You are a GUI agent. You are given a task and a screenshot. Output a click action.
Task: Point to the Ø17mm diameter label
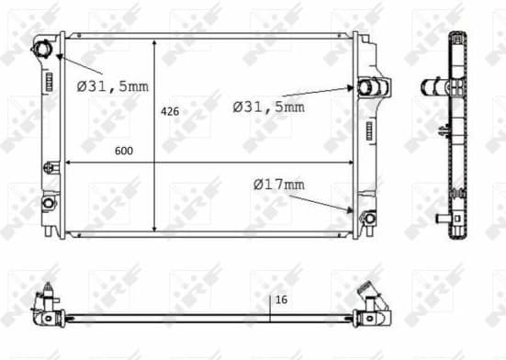coord(278,185)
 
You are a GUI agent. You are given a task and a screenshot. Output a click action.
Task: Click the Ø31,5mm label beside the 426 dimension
coord(268,107)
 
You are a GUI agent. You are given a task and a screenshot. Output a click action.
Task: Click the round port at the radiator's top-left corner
coord(43,48)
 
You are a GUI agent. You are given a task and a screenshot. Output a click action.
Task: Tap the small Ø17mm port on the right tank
coord(367,218)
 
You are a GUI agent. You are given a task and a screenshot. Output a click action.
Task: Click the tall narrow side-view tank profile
coord(458,138)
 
